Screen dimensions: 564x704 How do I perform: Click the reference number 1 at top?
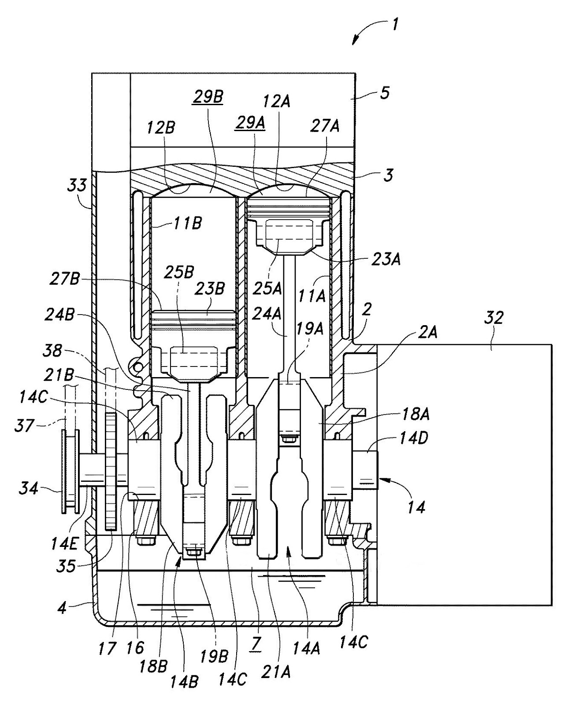[x=394, y=25]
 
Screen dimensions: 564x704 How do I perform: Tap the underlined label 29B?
[x=208, y=97]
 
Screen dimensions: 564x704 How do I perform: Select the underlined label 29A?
[x=250, y=123]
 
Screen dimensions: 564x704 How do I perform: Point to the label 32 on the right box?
[x=493, y=317]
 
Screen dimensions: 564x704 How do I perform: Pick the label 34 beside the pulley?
[x=29, y=489]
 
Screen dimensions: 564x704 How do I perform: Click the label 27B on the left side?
[x=65, y=280]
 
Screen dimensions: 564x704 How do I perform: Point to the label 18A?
[x=414, y=414]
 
